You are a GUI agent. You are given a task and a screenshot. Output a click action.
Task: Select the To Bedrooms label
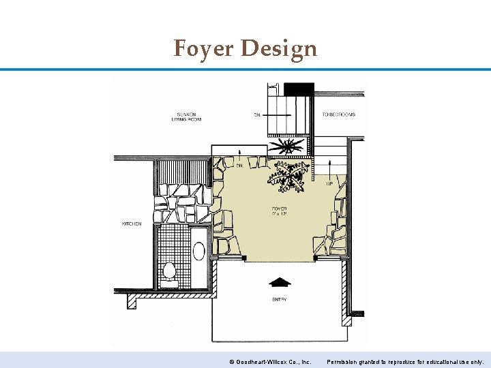[339, 114]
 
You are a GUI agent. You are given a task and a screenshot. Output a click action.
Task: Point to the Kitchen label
[132, 224]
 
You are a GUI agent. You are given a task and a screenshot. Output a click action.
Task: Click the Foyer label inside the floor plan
[278, 209]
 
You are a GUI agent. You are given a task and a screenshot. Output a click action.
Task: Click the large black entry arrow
[280, 281]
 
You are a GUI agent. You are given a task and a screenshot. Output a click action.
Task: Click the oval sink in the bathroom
[198, 251]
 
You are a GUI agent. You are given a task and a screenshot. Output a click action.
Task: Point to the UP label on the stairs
[330, 183]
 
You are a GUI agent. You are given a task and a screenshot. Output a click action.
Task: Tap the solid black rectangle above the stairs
[298, 89]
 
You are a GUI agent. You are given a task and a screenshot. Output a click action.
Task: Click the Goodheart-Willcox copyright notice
[271, 362]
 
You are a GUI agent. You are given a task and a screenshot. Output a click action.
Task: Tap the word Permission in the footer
[343, 362]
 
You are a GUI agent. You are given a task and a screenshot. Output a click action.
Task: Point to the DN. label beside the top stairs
[256, 115]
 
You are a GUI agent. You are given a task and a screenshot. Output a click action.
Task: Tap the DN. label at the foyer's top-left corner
[239, 165]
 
